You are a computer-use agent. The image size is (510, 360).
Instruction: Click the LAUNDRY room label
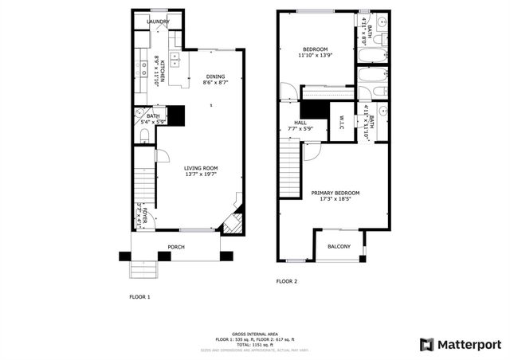[x=157, y=22]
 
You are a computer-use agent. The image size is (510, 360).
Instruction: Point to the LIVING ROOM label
[x=201, y=168]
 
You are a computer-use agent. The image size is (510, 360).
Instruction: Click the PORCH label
[x=176, y=247]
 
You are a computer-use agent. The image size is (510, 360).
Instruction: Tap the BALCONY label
[x=339, y=246]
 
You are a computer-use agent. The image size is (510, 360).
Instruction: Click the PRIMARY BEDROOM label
[x=335, y=193]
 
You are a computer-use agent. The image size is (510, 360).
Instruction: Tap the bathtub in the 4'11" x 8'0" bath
[x=372, y=57]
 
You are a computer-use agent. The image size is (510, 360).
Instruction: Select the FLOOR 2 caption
[x=286, y=281]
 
